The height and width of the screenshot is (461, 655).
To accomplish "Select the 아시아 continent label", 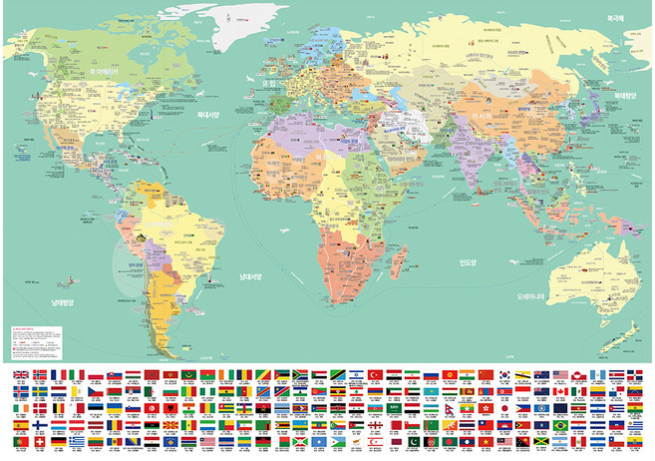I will [477, 117].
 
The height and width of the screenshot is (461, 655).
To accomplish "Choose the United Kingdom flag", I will [40, 375].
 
